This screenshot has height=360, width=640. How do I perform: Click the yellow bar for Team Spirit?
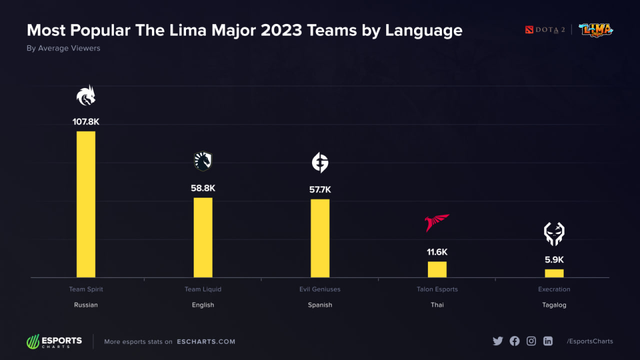click(85, 204)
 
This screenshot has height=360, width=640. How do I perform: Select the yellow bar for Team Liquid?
click(203, 237)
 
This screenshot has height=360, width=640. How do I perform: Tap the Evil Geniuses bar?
click(320, 238)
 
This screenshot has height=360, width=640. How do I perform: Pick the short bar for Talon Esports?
click(437, 269)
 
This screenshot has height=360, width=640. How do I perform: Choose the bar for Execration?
click(554, 273)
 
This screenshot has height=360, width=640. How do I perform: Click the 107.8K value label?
click(85, 121)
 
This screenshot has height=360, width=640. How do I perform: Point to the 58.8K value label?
click(203, 188)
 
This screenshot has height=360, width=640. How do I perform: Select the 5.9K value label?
click(554, 259)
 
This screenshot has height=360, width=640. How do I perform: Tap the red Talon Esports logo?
click(437, 222)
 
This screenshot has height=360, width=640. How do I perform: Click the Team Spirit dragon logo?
click(85, 95)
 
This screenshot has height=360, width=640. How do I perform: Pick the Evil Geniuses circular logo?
click(320, 162)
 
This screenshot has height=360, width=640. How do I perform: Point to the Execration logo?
click(554, 234)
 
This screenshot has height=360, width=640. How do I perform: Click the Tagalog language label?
click(554, 304)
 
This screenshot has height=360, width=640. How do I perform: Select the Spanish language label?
click(320, 304)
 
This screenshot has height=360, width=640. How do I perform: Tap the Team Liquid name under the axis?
click(203, 289)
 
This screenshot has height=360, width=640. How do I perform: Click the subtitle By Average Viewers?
click(63, 48)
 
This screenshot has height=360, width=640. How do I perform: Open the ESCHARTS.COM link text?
click(206, 341)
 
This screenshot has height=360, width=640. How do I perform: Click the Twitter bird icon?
click(497, 341)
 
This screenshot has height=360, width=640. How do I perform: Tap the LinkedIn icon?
click(548, 341)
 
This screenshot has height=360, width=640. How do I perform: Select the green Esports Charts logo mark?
click(33, 341)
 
